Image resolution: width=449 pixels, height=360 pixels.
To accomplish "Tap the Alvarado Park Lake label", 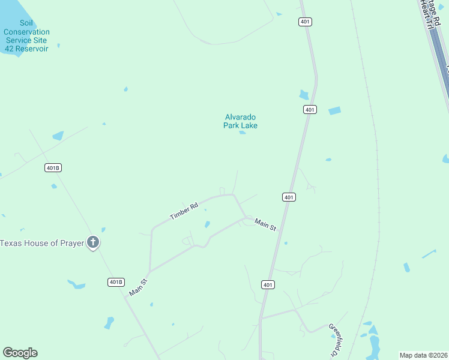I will pyautogui.click(x=240, y=121).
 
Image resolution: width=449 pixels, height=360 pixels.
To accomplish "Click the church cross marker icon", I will pyautogui.click(x=93, y=242).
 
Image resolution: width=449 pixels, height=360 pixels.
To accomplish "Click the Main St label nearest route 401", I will pyautogui.click(x=265, y=224).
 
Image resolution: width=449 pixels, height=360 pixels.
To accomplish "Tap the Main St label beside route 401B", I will pyautogui.click(x=137, y=287).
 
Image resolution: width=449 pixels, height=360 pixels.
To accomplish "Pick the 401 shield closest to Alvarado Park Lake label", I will pyautogui.click(x=310, y=109).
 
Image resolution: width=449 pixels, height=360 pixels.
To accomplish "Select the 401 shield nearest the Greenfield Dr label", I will pyautogui.click(x=268, y=284).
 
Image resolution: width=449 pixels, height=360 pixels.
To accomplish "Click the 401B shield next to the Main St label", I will pyautogui.click(x=116, y=281).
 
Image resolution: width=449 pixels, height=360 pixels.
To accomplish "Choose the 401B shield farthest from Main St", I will pyautogui.click(x=53, y=167).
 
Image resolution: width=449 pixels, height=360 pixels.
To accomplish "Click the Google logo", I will pyautogui.click(x=20, y=353).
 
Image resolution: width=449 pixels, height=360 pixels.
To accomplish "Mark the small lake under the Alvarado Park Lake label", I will pyautogui.click(x=243, y=133).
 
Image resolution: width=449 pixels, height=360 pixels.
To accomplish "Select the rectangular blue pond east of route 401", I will pyautogui.click(x=334, y=110).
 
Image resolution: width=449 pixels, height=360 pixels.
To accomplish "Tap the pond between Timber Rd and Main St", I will pyautogui.click(x=207, y=224).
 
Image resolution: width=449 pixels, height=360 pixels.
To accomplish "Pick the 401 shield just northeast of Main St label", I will pyautogui.click(x=289, y=197).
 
